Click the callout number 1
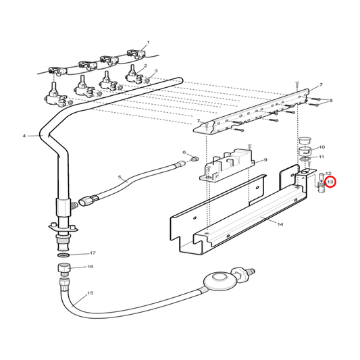point(149,43)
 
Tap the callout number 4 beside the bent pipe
point(24,136)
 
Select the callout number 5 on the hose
point(120,177)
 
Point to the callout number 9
point(265,159)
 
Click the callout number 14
point(280,224)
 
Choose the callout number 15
point(91,293)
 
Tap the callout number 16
point(91,267)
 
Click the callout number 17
point(93,253)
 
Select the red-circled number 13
point(330,182)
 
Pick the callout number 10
point(322,147)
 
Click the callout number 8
point(330,101)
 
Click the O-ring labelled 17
point(63,255)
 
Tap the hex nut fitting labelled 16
point(63,269)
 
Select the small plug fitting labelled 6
point(195,159)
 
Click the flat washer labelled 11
point(305,159)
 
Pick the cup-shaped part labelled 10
point(305,151)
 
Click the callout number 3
point(156,71)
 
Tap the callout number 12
point(328,174)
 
